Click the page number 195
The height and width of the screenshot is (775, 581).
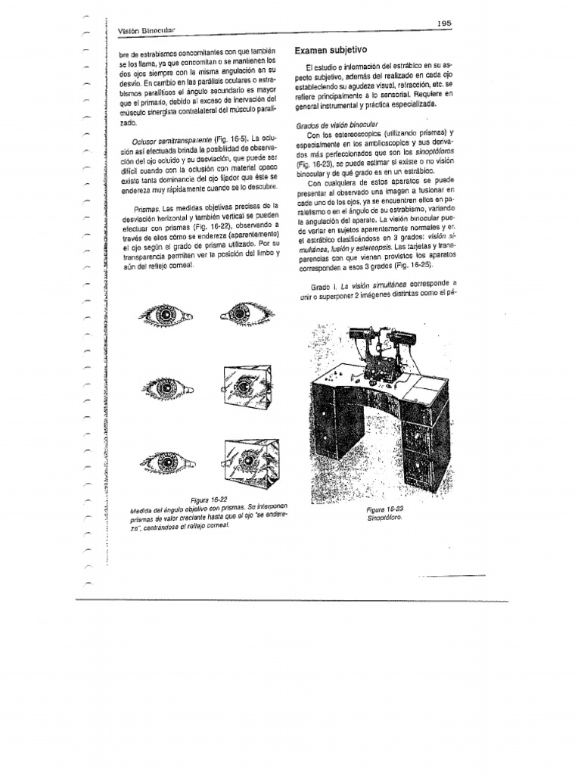pos(443,23)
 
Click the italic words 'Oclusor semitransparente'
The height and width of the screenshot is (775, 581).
pos(170,140)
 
